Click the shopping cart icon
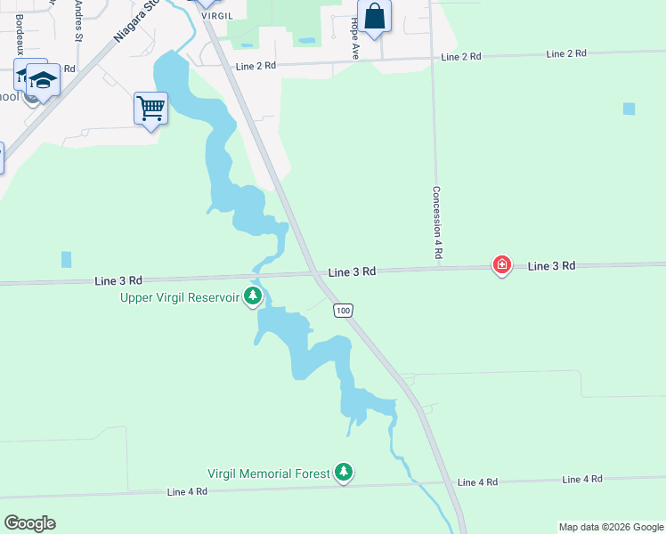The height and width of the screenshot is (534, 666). pos(151,109)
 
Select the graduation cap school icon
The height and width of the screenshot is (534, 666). pos(42,79)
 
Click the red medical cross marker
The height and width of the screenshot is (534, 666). pos(502,264)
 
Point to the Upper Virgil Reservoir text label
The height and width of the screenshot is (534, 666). pos(180,297)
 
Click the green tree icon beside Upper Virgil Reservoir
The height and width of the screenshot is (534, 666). pos(254,295)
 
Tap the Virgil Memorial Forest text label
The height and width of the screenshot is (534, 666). pos(269,473)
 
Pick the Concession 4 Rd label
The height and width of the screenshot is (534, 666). pos(438,222)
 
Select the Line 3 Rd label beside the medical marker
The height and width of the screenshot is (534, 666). pos(552,266)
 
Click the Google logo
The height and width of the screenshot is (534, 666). pos(29,523)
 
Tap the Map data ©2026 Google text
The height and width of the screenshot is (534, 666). pos(610,527)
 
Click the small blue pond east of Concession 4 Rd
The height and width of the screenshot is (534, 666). pos(629,109)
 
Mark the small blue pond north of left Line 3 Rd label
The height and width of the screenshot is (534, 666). pos(66,259)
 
